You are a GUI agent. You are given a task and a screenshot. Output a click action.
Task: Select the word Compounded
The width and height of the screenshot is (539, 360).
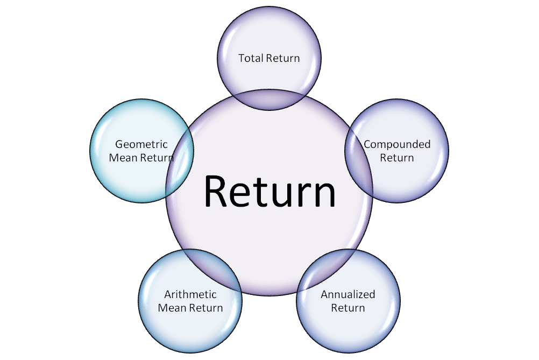point(397,144)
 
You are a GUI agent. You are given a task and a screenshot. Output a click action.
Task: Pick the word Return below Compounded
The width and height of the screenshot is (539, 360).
point(397,158)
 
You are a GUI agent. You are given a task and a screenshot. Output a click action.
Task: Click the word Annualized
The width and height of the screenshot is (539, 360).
point(348,294)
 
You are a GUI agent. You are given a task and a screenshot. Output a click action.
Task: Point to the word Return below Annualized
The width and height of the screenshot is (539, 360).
point(348,308)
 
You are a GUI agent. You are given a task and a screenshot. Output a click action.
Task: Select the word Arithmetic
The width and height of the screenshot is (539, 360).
point(190,294)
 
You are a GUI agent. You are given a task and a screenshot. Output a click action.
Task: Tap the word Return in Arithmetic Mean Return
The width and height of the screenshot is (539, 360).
point(207,308)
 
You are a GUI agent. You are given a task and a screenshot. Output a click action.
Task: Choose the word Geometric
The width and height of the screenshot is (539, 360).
point(141,144)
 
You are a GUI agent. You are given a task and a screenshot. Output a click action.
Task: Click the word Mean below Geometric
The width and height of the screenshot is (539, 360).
point(124,158)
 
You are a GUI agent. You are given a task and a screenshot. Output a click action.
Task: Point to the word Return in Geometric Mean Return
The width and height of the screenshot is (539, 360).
point(156,158)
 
